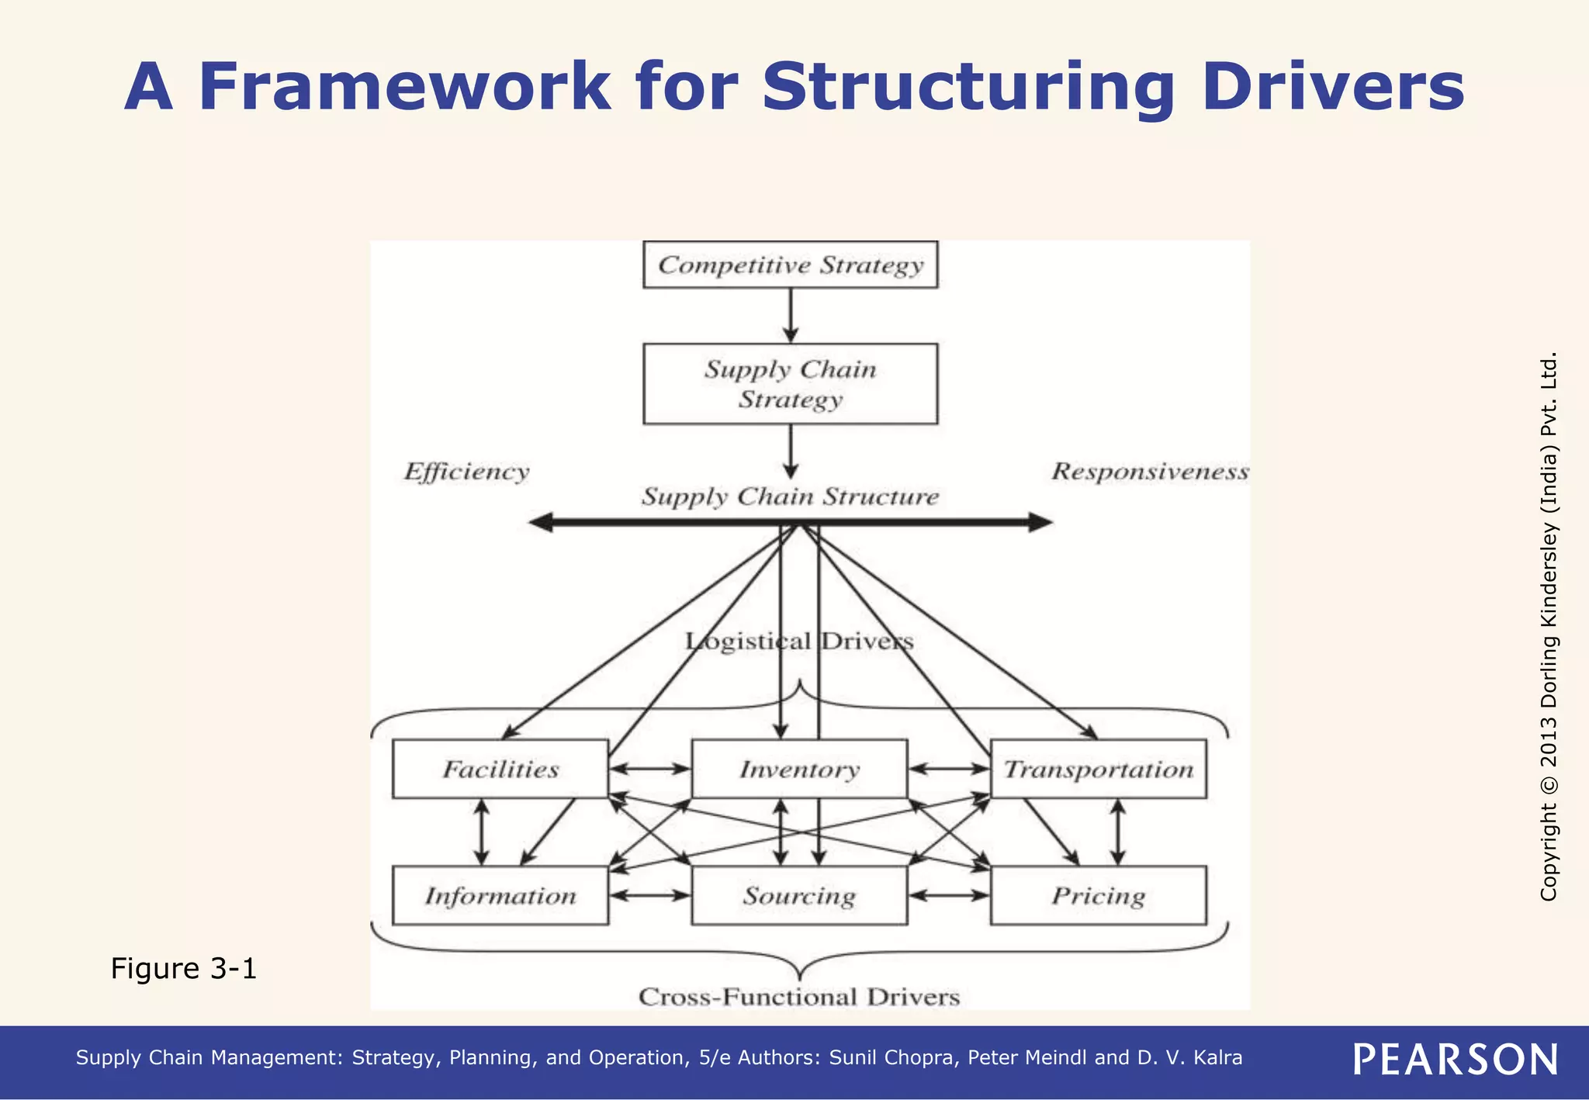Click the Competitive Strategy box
click(790, 265)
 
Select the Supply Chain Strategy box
click(790, 384)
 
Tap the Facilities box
click(500, 769)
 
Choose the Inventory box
click(799, 769)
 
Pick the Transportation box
click(1099, 769)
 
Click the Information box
click(500, 895)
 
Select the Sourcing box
click(799, 895)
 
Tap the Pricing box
click(1099, 895)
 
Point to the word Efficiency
click(466, 472)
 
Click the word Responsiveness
click(1150, 472)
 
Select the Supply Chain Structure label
click(790, 496)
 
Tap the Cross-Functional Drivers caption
click(799, 997)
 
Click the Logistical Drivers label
click(799, 642)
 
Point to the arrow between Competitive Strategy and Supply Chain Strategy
click(790, 316)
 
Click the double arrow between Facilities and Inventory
click(650, 769)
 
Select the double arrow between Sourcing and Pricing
click(949, 895)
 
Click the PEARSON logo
click(1456, 1060)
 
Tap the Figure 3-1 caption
click(183, 968)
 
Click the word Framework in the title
click(404, 86)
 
